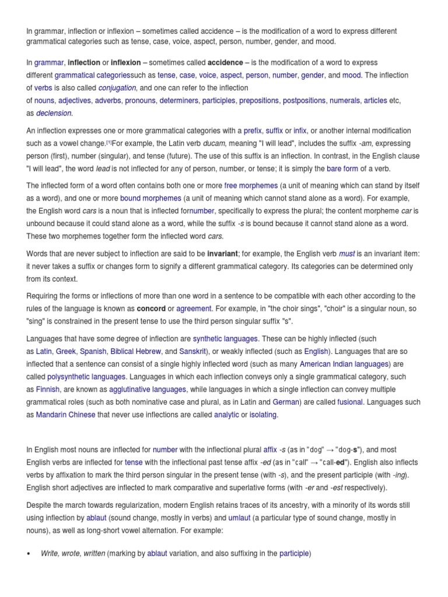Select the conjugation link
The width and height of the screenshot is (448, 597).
tap(117, 88)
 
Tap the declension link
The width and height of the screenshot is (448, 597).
tap(54, 113)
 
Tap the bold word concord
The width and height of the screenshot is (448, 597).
tap(151, 308)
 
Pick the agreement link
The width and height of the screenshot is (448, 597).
tap(194, 308)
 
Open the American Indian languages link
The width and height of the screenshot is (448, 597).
tap(344, 364)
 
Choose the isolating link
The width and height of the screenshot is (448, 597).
tap(264, 415)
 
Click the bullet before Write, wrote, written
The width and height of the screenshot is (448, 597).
tap(29, 553)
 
